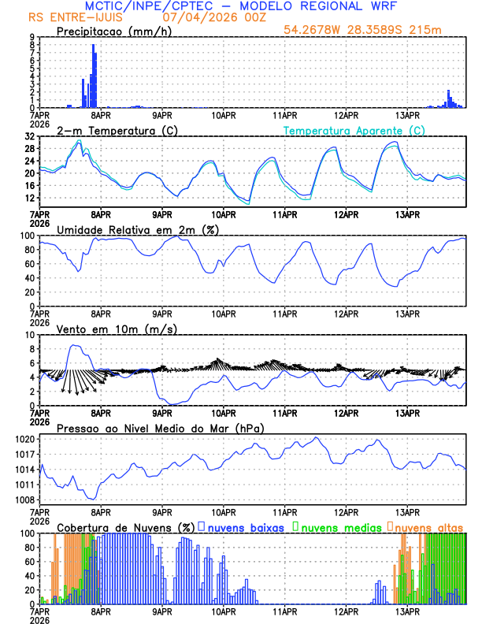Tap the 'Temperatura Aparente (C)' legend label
pos(354,130)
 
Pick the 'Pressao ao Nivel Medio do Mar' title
pos(160,428)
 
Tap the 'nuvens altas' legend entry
pos(428,527)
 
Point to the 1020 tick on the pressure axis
pos(24,439)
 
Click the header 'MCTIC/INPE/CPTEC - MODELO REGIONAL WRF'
pos(240,6)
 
